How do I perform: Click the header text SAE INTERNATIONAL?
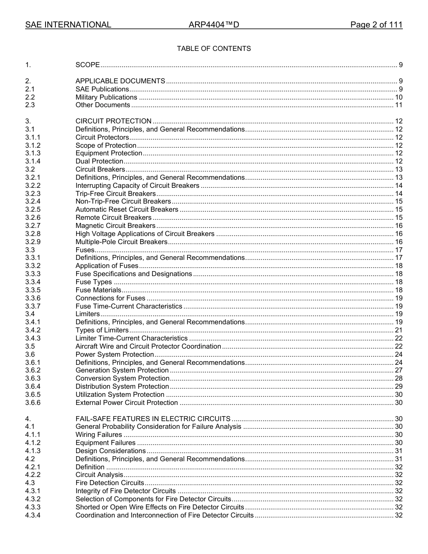click(68, 25)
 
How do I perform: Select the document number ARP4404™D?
click(214, 25)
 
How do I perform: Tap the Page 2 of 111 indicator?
click(376, 25)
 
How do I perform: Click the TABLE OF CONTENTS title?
click(214, 49)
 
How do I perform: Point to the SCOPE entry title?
click(87, 65)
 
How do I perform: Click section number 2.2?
click(30, 97)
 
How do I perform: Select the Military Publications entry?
click(106, 97)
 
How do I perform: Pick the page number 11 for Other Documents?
click(398, 105)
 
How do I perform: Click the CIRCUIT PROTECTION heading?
click(114, 121)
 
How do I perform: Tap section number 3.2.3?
click(32, 194)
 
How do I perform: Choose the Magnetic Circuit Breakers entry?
click(115, 226)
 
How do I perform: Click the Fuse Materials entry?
click(98, 290)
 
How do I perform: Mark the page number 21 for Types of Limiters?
click(398, 330)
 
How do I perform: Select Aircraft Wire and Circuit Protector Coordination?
click(148, 346)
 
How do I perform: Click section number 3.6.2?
click(32, 370)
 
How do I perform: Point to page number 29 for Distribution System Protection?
click(398, 386)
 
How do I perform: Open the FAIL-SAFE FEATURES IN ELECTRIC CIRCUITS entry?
click(153, 419)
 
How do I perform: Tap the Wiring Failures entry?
click(99, 435)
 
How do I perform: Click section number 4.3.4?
click(32, 515)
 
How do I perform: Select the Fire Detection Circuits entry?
click(110, 483)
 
